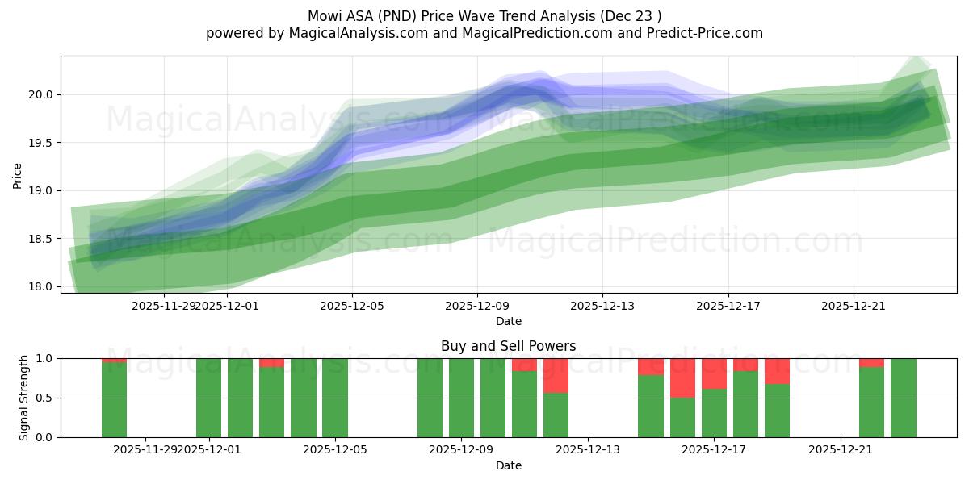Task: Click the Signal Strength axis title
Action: coord(24,398)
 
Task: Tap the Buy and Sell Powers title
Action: coord(508,346)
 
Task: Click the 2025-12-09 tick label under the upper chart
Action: coord(476,306)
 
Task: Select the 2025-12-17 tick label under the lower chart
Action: coord(714,450)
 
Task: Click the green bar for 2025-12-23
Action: coord(904,398)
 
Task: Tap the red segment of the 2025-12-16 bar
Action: coord(682,378)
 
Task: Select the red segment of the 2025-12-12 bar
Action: coord(556,375)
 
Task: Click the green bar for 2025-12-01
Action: coord(208,398)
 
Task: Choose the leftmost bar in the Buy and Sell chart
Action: coord(114,399)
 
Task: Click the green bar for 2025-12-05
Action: coord(335,398)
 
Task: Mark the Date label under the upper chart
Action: coord(508,321)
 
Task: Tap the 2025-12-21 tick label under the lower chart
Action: coord(841,450)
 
